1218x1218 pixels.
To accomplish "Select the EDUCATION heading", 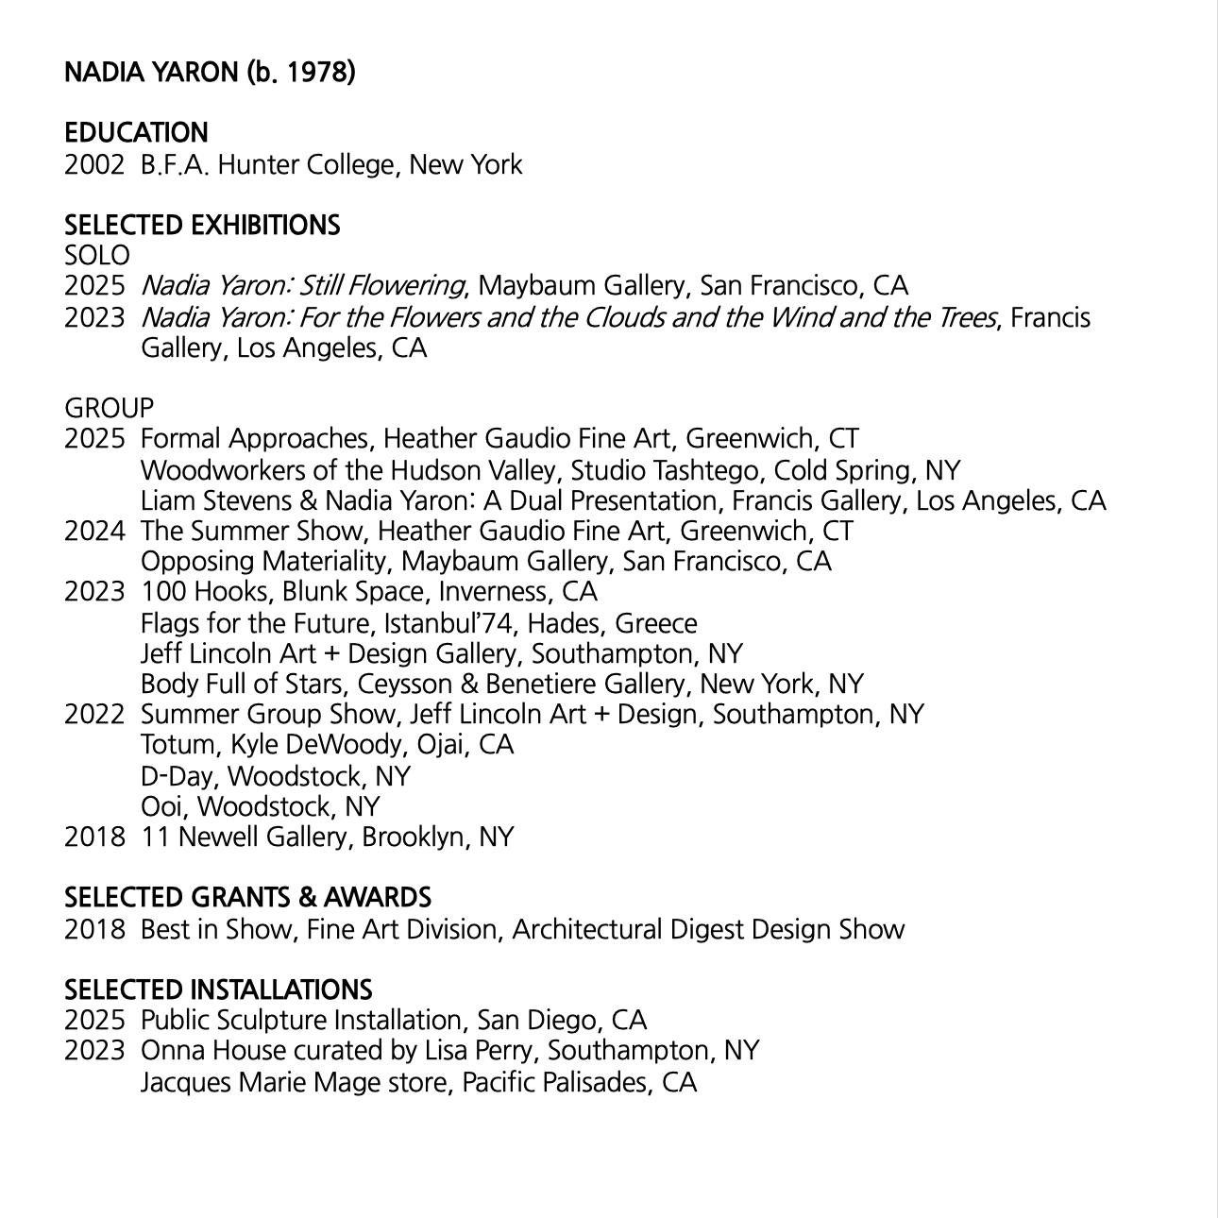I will coord(136,132).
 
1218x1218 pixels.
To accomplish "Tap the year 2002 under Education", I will coord(93,165).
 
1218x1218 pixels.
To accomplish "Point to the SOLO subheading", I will coord(96,255).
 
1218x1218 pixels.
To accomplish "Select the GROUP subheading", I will coord(109,408).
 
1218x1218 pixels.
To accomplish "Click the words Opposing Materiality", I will coord(262,561).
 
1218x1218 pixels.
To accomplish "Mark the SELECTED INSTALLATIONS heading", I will coord(218,990).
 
